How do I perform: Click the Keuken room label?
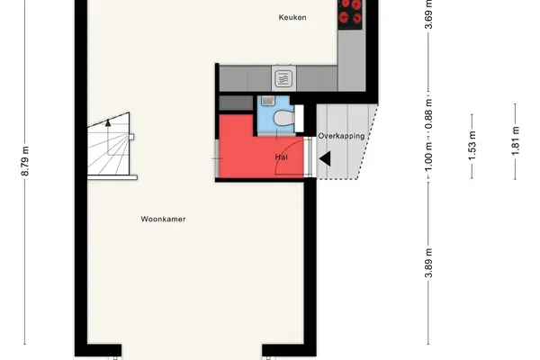[x=292, y=17]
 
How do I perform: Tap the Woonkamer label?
[x=163, y=219]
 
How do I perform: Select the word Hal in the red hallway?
[x=282, y=157]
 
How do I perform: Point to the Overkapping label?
[x=341, y=136]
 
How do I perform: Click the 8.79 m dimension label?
[x=25, y=161]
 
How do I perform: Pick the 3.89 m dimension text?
[x=428, y=263]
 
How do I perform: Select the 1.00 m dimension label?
[x=428, y=157]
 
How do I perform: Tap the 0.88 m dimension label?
[x=428, y=114]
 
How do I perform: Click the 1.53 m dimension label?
[x=472, y=146]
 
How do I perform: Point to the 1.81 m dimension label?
[x=515, y=141]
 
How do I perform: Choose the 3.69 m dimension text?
[x=428, y=14]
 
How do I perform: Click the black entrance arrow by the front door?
[x=325, y=158]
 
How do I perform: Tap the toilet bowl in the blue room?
[x=283, y=119]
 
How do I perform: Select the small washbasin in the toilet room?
[x=267, y=101]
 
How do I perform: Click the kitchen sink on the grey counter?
[x=283, y=78]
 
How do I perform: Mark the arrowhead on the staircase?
[x=108, y=122]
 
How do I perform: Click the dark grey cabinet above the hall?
[x=236, y=103]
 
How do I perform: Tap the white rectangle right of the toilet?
[x=299, y=119]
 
